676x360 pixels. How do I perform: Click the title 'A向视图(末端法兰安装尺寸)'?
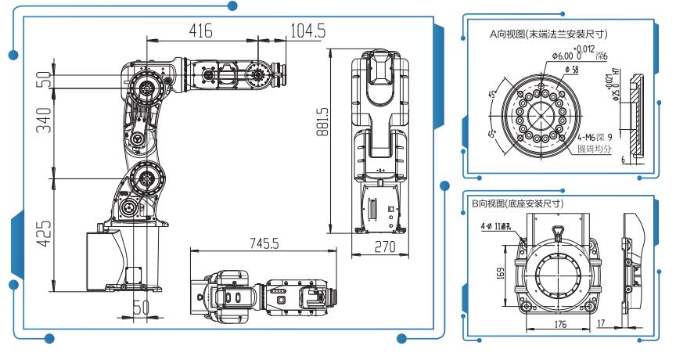548,34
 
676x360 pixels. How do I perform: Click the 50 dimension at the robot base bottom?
139,308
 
